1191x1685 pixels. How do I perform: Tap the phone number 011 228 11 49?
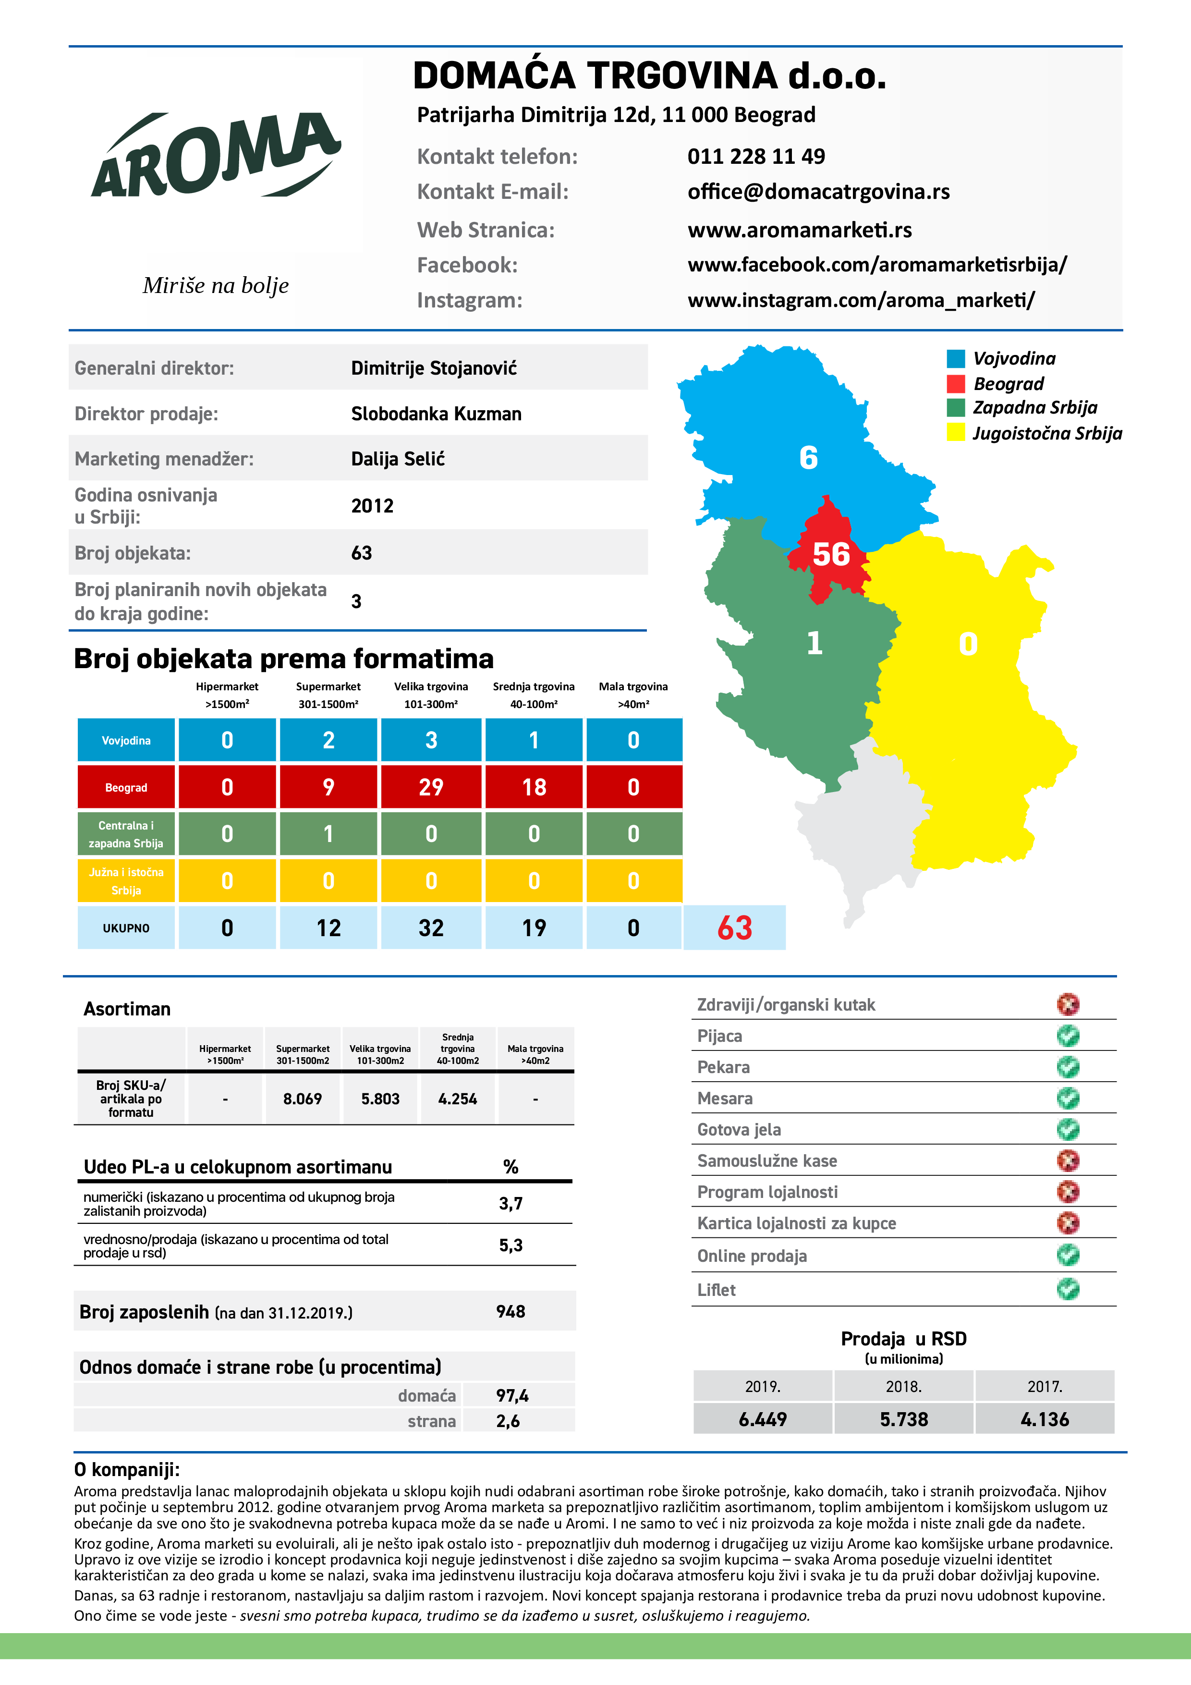[x=756, y=156]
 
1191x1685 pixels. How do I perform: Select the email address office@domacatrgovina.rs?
[x=818, y=192]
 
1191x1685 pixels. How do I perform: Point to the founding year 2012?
[x=372, y=506]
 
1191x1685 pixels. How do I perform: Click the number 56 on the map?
[x=831, y=554]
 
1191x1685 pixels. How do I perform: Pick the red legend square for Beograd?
[x=956, y=384]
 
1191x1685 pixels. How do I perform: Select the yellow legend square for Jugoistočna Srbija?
[x=956, y=432]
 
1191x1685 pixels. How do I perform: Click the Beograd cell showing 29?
[x=431, y=787]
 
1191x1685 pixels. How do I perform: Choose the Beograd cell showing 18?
[x=534, y=787]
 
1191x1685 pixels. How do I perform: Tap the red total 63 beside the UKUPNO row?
[x=735, y=928]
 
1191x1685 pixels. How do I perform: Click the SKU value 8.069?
[x=303, y=1099]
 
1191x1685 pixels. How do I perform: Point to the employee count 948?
[x=511, y=1311]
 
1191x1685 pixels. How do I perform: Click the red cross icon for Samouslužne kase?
[x=1068, y=1160]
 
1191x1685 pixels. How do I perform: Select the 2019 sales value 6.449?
[x=763, y=1419]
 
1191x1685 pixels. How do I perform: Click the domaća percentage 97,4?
[x=512, y=1395]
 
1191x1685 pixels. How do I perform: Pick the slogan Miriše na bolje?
[x=216, y=285]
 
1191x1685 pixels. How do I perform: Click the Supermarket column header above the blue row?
[x=328, y=694]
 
